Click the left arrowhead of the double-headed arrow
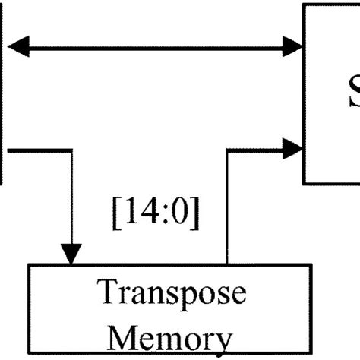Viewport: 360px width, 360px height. [17, 47]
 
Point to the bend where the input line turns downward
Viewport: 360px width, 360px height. [71, 149]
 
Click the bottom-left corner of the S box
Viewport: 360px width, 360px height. [305, 183]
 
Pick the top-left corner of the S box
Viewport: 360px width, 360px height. [305, 5]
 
